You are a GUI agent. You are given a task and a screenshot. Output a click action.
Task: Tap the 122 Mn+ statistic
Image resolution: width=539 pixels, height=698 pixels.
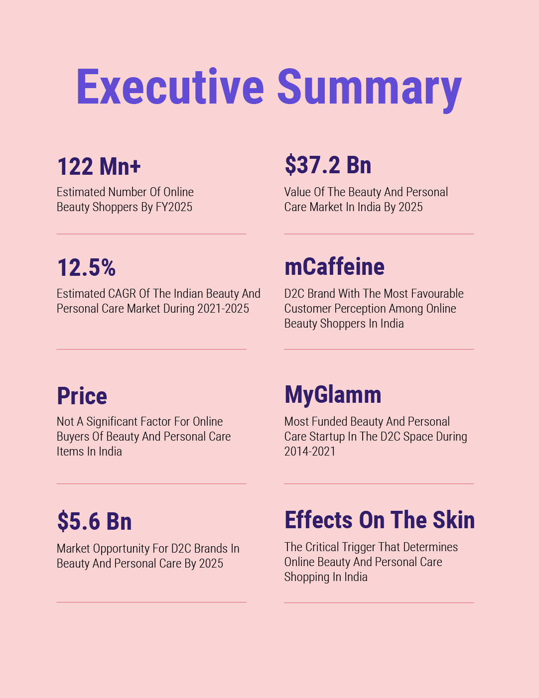tap(99, 166)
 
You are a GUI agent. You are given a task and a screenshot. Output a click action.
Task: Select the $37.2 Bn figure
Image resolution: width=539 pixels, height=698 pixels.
tap(328, 165)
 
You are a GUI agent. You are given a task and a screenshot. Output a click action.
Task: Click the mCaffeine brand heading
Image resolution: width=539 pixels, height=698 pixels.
tap(334, 266)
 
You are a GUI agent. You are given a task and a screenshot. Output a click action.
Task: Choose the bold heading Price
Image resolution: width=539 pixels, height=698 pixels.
tap(82, 396)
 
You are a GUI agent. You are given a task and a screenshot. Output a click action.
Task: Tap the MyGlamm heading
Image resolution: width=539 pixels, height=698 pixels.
tap(333, 395)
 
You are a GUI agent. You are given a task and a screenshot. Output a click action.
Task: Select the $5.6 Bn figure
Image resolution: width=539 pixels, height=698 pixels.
tap(95, 521)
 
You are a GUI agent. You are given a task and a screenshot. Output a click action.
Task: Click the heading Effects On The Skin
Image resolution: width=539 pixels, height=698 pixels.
tap(380, 520)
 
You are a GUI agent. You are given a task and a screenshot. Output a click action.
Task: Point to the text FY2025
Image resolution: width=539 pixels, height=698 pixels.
tap(174, 207)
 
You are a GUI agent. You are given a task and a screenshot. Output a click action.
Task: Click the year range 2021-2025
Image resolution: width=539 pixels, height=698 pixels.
tap(223, 309)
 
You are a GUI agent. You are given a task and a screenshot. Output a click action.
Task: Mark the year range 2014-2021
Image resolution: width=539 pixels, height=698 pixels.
tap(310, 452)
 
